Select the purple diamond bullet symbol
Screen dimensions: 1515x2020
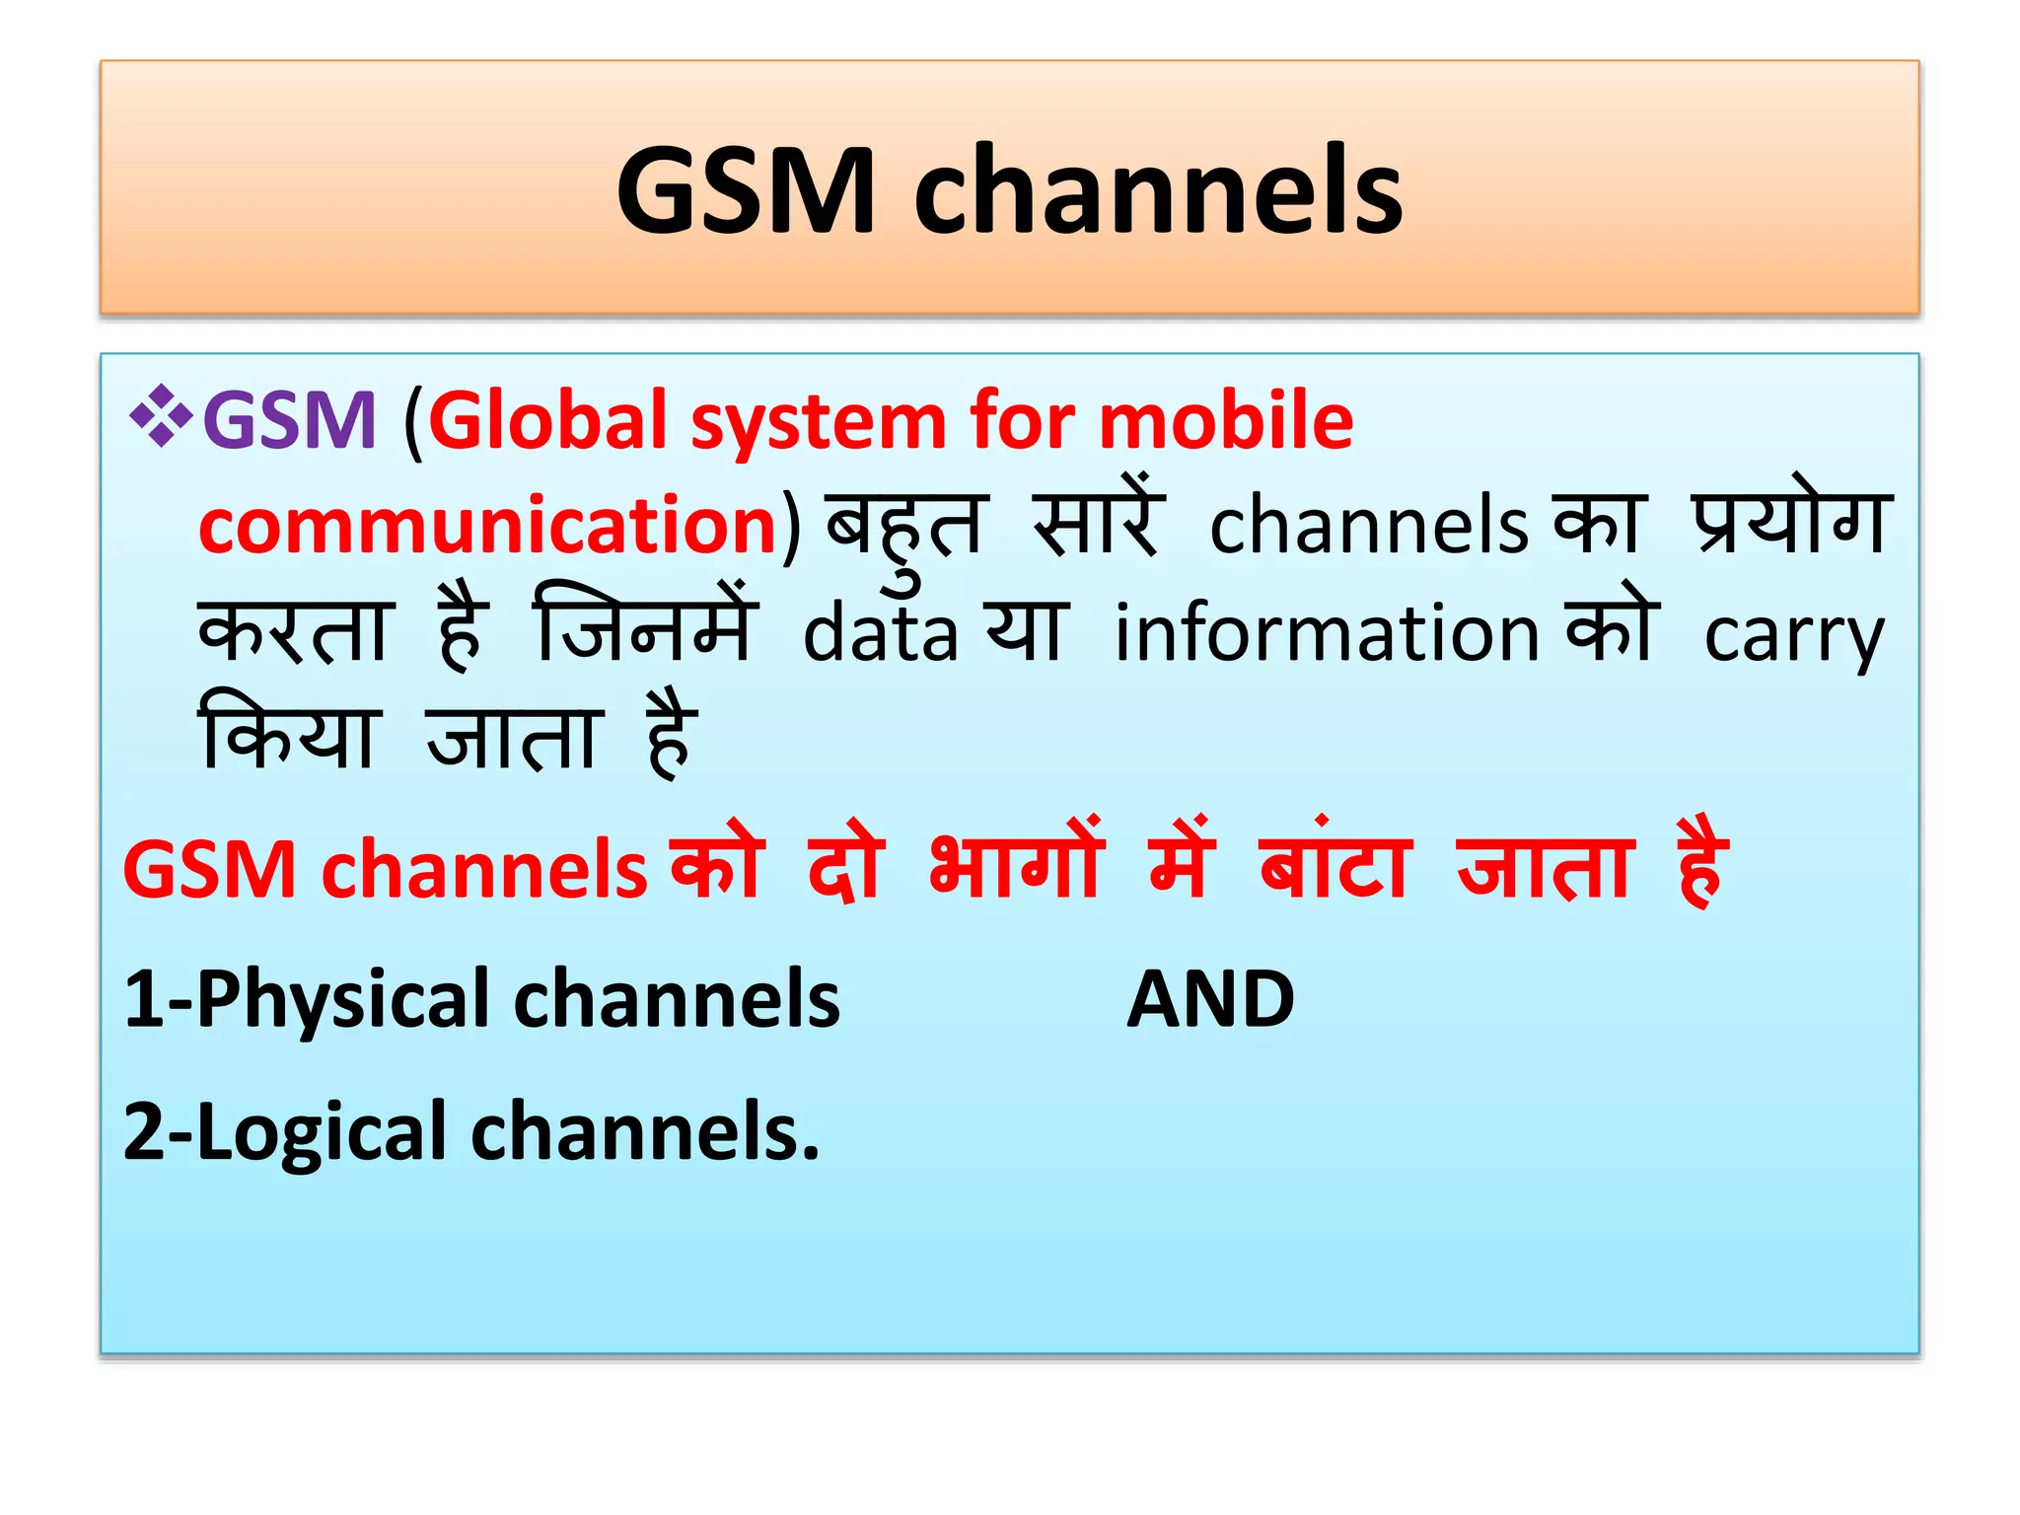(160, 418)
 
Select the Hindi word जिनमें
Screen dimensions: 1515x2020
(646, 627)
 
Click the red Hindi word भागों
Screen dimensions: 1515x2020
(1016, 864)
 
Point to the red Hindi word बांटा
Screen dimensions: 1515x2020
(1336, 864)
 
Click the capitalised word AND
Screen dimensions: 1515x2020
(1210, 999)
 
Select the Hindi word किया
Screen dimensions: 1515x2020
(288, 735)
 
